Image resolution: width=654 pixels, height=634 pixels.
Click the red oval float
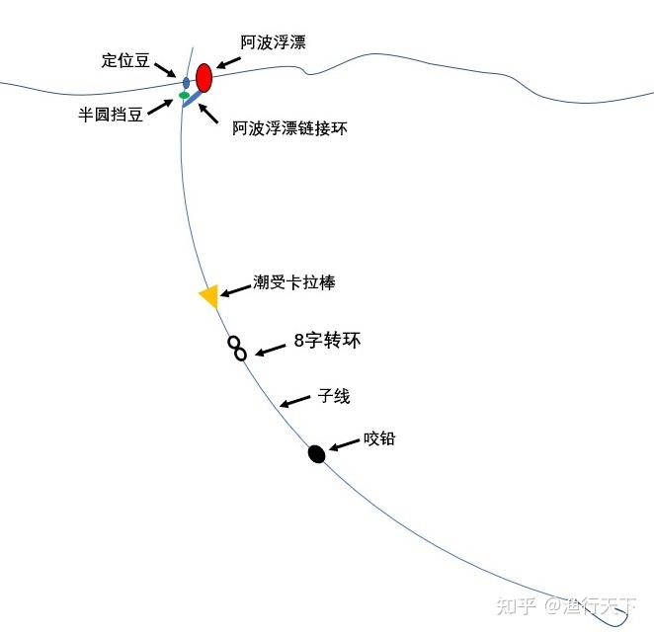(x=204, y=76)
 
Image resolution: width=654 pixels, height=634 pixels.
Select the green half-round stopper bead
(x=184, y=96)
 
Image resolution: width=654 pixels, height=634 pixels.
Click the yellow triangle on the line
(x=208, y=296)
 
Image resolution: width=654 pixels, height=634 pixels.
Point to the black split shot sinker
(x=316, y=454)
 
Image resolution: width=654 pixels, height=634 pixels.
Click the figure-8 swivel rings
(x=237, y=348)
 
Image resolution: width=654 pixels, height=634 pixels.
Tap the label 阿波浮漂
(x=273, y=43)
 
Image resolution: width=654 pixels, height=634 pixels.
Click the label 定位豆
(x=125, y=60)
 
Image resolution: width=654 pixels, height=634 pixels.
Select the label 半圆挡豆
(x=112, y=114)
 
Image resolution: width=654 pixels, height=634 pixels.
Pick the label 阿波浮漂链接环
(x=290, y=128)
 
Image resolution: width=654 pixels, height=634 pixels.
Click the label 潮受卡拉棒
(x=294, y=282)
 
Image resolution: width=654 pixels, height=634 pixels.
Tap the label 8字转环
(x=328, y=342)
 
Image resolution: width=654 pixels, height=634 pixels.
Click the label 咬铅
(x=379, y=438)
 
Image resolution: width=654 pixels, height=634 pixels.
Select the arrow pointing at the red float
(x=228, y=64)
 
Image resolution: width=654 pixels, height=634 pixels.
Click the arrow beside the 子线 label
(x=292, y=401)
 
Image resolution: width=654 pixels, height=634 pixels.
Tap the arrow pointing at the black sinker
(x=345, y=446)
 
